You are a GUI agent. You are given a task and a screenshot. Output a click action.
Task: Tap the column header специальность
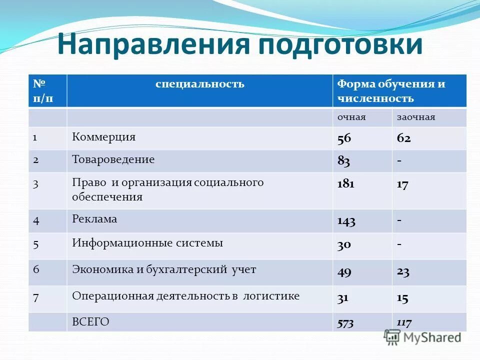[199, 84]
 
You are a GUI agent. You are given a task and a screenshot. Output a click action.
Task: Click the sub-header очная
[351, 117]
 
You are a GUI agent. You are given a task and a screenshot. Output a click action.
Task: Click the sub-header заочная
[416, 117]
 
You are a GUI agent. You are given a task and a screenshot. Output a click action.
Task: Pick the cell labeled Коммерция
[103, 137]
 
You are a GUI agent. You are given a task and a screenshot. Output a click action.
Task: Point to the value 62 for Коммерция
[404, 138]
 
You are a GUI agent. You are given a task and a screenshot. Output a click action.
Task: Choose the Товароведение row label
[113, 160]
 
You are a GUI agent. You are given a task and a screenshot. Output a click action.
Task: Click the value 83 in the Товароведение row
[343, 161]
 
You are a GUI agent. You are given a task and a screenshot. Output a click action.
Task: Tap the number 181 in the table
[345, 184]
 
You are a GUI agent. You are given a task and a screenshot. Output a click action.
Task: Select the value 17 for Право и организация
[402, 184]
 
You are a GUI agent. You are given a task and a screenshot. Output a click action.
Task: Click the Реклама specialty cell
[94, 219]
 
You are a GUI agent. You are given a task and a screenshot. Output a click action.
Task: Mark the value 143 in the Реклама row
[346, 221]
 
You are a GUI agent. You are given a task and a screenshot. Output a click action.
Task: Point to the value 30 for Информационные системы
[344, 244]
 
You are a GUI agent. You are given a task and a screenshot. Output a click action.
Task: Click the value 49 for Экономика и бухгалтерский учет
[344, 272]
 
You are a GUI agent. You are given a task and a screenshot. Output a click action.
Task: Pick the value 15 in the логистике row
[402, 298]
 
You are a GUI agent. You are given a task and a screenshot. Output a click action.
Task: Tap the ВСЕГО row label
[90, 322]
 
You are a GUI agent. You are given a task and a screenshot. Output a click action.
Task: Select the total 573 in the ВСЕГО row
[345, 323]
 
